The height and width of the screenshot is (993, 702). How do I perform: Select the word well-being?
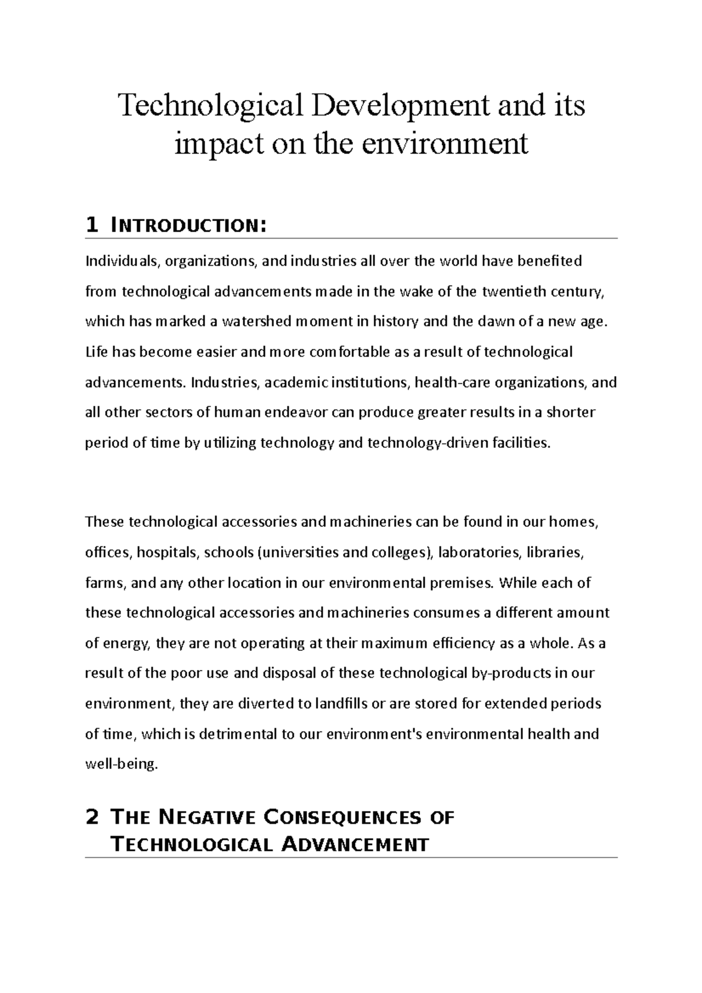pos(121,764)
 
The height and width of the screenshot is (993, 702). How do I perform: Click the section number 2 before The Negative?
pos(91,817)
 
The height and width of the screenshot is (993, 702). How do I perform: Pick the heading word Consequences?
pos(343,817)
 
